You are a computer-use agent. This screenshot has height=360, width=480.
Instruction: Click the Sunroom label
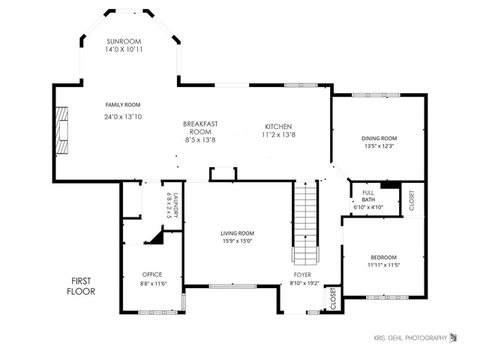click(124, 40)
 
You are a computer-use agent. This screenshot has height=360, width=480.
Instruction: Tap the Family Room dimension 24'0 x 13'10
click(122, 117)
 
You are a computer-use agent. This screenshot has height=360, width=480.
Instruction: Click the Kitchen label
click(277, 126)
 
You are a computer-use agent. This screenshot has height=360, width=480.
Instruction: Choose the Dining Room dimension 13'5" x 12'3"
click(379, 147)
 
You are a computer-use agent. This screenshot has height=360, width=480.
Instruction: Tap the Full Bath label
click(368, 196)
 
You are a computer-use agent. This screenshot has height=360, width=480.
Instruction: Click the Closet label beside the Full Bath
click(411, 200)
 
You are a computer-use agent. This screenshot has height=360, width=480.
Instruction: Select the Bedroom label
click(382, 257)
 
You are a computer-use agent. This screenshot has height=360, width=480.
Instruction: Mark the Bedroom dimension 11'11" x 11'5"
click(382, 265)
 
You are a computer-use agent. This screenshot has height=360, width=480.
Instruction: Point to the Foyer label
click(302, 274)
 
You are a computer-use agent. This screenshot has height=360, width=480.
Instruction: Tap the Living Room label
click(237, 232)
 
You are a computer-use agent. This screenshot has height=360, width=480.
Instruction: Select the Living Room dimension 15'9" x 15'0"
click(237, 241)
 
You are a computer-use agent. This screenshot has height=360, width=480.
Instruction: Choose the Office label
click(152, 274)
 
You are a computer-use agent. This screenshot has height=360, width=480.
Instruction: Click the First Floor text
click(81, 286)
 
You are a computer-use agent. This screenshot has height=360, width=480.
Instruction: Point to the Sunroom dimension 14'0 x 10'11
click(124, 49)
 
